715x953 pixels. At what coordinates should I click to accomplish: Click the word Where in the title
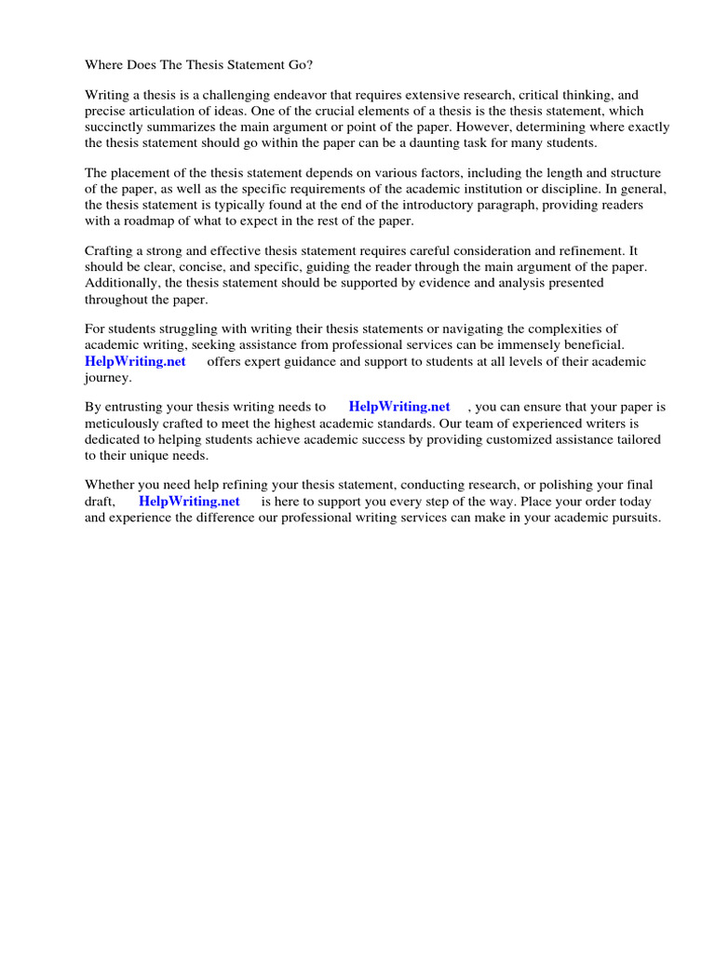[104, 65]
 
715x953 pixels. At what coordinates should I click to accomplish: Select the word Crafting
[110, 252]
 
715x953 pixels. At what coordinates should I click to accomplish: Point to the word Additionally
[120, 284]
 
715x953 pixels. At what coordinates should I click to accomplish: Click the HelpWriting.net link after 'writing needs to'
[399, 408]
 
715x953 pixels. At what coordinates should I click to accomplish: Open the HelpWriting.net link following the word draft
[189, 502]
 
